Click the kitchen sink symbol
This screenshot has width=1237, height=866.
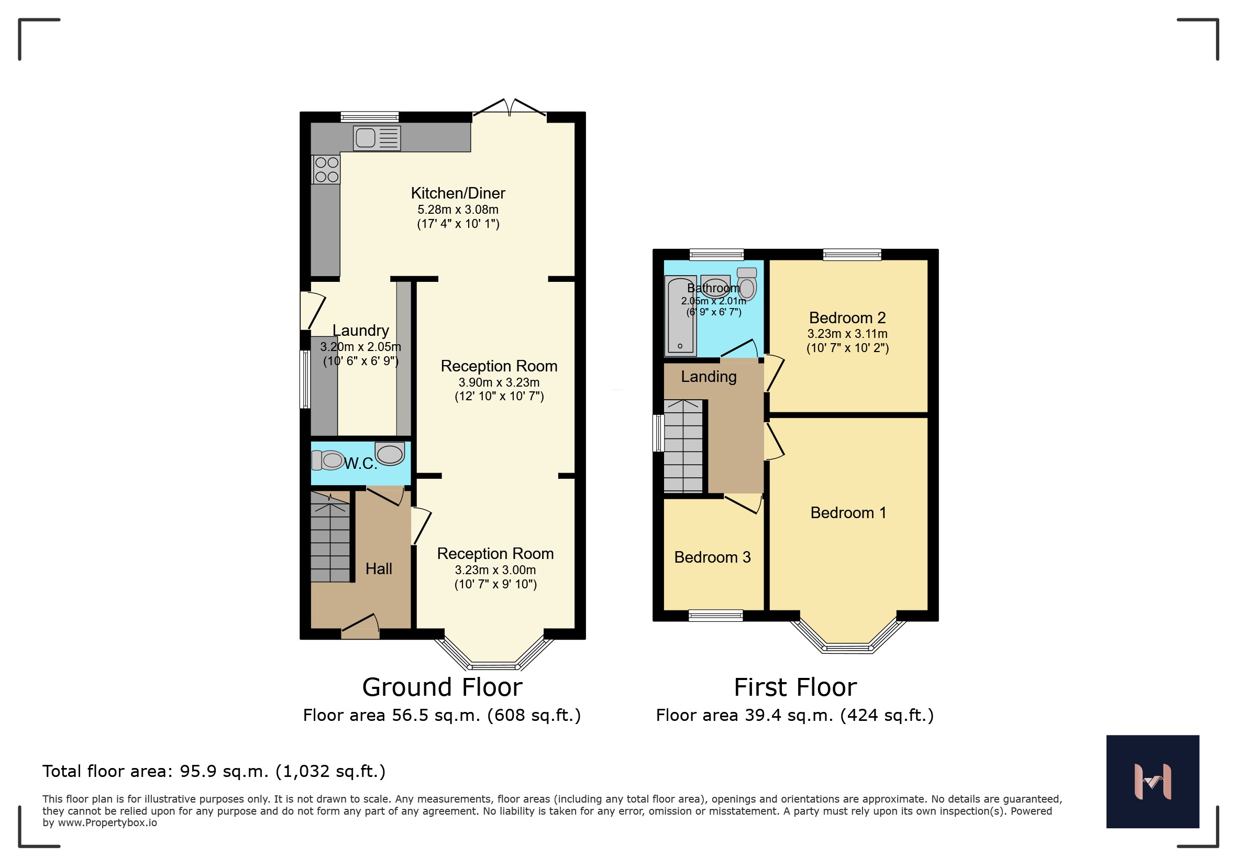tap(377, 138)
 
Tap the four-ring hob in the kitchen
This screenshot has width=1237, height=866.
tap(326, 169)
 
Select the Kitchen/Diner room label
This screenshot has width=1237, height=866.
tap(458, 193)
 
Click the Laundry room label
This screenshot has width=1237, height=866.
tap(360, 331)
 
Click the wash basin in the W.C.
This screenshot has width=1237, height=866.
tap(390, 454)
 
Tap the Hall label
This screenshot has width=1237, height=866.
tap(379, 568)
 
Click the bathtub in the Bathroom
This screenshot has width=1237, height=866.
tap(680, 316)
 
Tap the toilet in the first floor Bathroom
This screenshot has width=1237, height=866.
tap(747, 283)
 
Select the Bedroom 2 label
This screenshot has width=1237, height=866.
tap(847, 318)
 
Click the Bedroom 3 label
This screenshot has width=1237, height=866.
tap(712, 557)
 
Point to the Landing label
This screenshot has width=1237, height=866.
tap(709, 377)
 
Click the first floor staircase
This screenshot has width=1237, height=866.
tap(683, 446)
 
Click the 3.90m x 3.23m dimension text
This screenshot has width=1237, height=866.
tap(499, 382)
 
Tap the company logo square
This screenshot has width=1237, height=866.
tap(1153, 782)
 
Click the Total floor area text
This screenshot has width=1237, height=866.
tap(214, 771)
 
